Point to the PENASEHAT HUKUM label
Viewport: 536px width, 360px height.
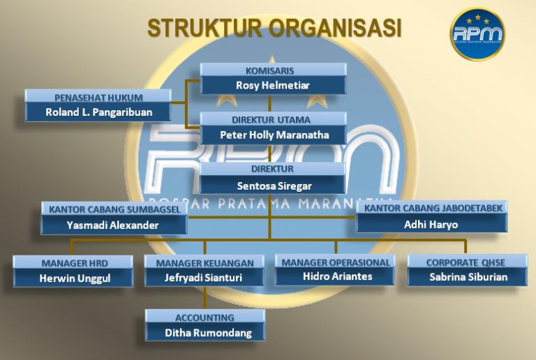pos(98,97)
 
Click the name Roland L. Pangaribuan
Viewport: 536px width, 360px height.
pos(98,112)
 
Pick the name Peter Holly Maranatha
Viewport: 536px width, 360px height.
pos(274,135)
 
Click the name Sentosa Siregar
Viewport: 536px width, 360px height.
pos(274,186)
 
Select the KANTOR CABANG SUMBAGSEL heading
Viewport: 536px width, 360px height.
pos(114,209)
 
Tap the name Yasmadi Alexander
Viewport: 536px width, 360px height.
pos(112,225)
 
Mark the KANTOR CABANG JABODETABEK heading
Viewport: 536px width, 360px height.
pos(433,208)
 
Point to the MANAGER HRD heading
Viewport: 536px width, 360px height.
pos(75,262)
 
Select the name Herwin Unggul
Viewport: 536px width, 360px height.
pos(75,278)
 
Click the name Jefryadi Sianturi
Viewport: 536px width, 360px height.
pos(204,278)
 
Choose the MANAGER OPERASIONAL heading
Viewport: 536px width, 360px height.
pos(336,262)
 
